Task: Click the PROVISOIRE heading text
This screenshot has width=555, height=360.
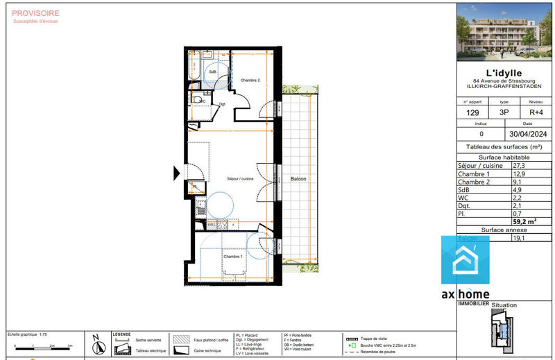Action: [x=36, y=13]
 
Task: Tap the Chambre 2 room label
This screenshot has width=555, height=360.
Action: [x=250, y=80]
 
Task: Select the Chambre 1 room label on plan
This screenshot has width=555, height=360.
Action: [x=232, y=256]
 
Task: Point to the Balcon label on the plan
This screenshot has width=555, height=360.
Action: [x=298, y=179]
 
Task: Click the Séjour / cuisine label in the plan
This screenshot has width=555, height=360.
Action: [x=240, y=179]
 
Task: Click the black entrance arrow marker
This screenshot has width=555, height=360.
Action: [x=176, y=171]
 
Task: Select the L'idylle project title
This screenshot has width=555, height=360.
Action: [x=504, y=73]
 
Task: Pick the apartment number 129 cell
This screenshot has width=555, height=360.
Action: [x=472, y=112]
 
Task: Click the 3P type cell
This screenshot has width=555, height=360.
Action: [x=504, y=112]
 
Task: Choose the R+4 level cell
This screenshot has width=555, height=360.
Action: [x=536, y=112]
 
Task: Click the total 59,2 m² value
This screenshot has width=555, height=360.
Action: [x=525, y=221]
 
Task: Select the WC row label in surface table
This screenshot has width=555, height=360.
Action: [x=463, y=198]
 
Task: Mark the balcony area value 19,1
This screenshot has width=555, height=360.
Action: [x=518, y=237]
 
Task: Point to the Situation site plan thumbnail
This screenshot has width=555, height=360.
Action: [x=504, y=330]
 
